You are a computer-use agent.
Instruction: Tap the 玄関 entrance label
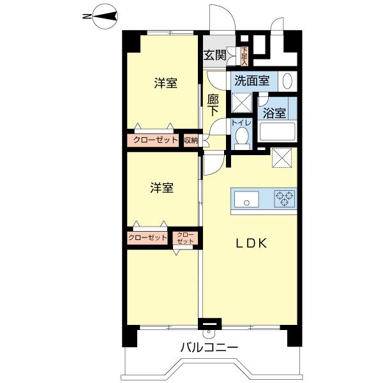click(x=215, y=55)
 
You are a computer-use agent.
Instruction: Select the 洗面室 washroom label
click(x=252, y=81)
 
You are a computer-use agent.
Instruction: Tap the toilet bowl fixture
click(x=241, y=137)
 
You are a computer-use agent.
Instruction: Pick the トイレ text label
click(x=241, y=122)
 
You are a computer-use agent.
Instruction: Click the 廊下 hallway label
click(x=214, y=105)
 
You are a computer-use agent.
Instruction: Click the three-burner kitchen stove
click(x=284, y=199)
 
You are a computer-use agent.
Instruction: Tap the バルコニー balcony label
click(x=209, y=349)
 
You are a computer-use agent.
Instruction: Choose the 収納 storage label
click(x=191, y=140)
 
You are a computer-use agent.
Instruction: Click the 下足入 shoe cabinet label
click(x=244, y=56)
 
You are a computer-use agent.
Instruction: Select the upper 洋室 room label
click(x=165, y=84)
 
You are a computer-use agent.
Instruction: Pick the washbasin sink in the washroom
click(x=287, y=82)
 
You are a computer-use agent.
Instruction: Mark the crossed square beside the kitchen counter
click(x=281, y=158)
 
